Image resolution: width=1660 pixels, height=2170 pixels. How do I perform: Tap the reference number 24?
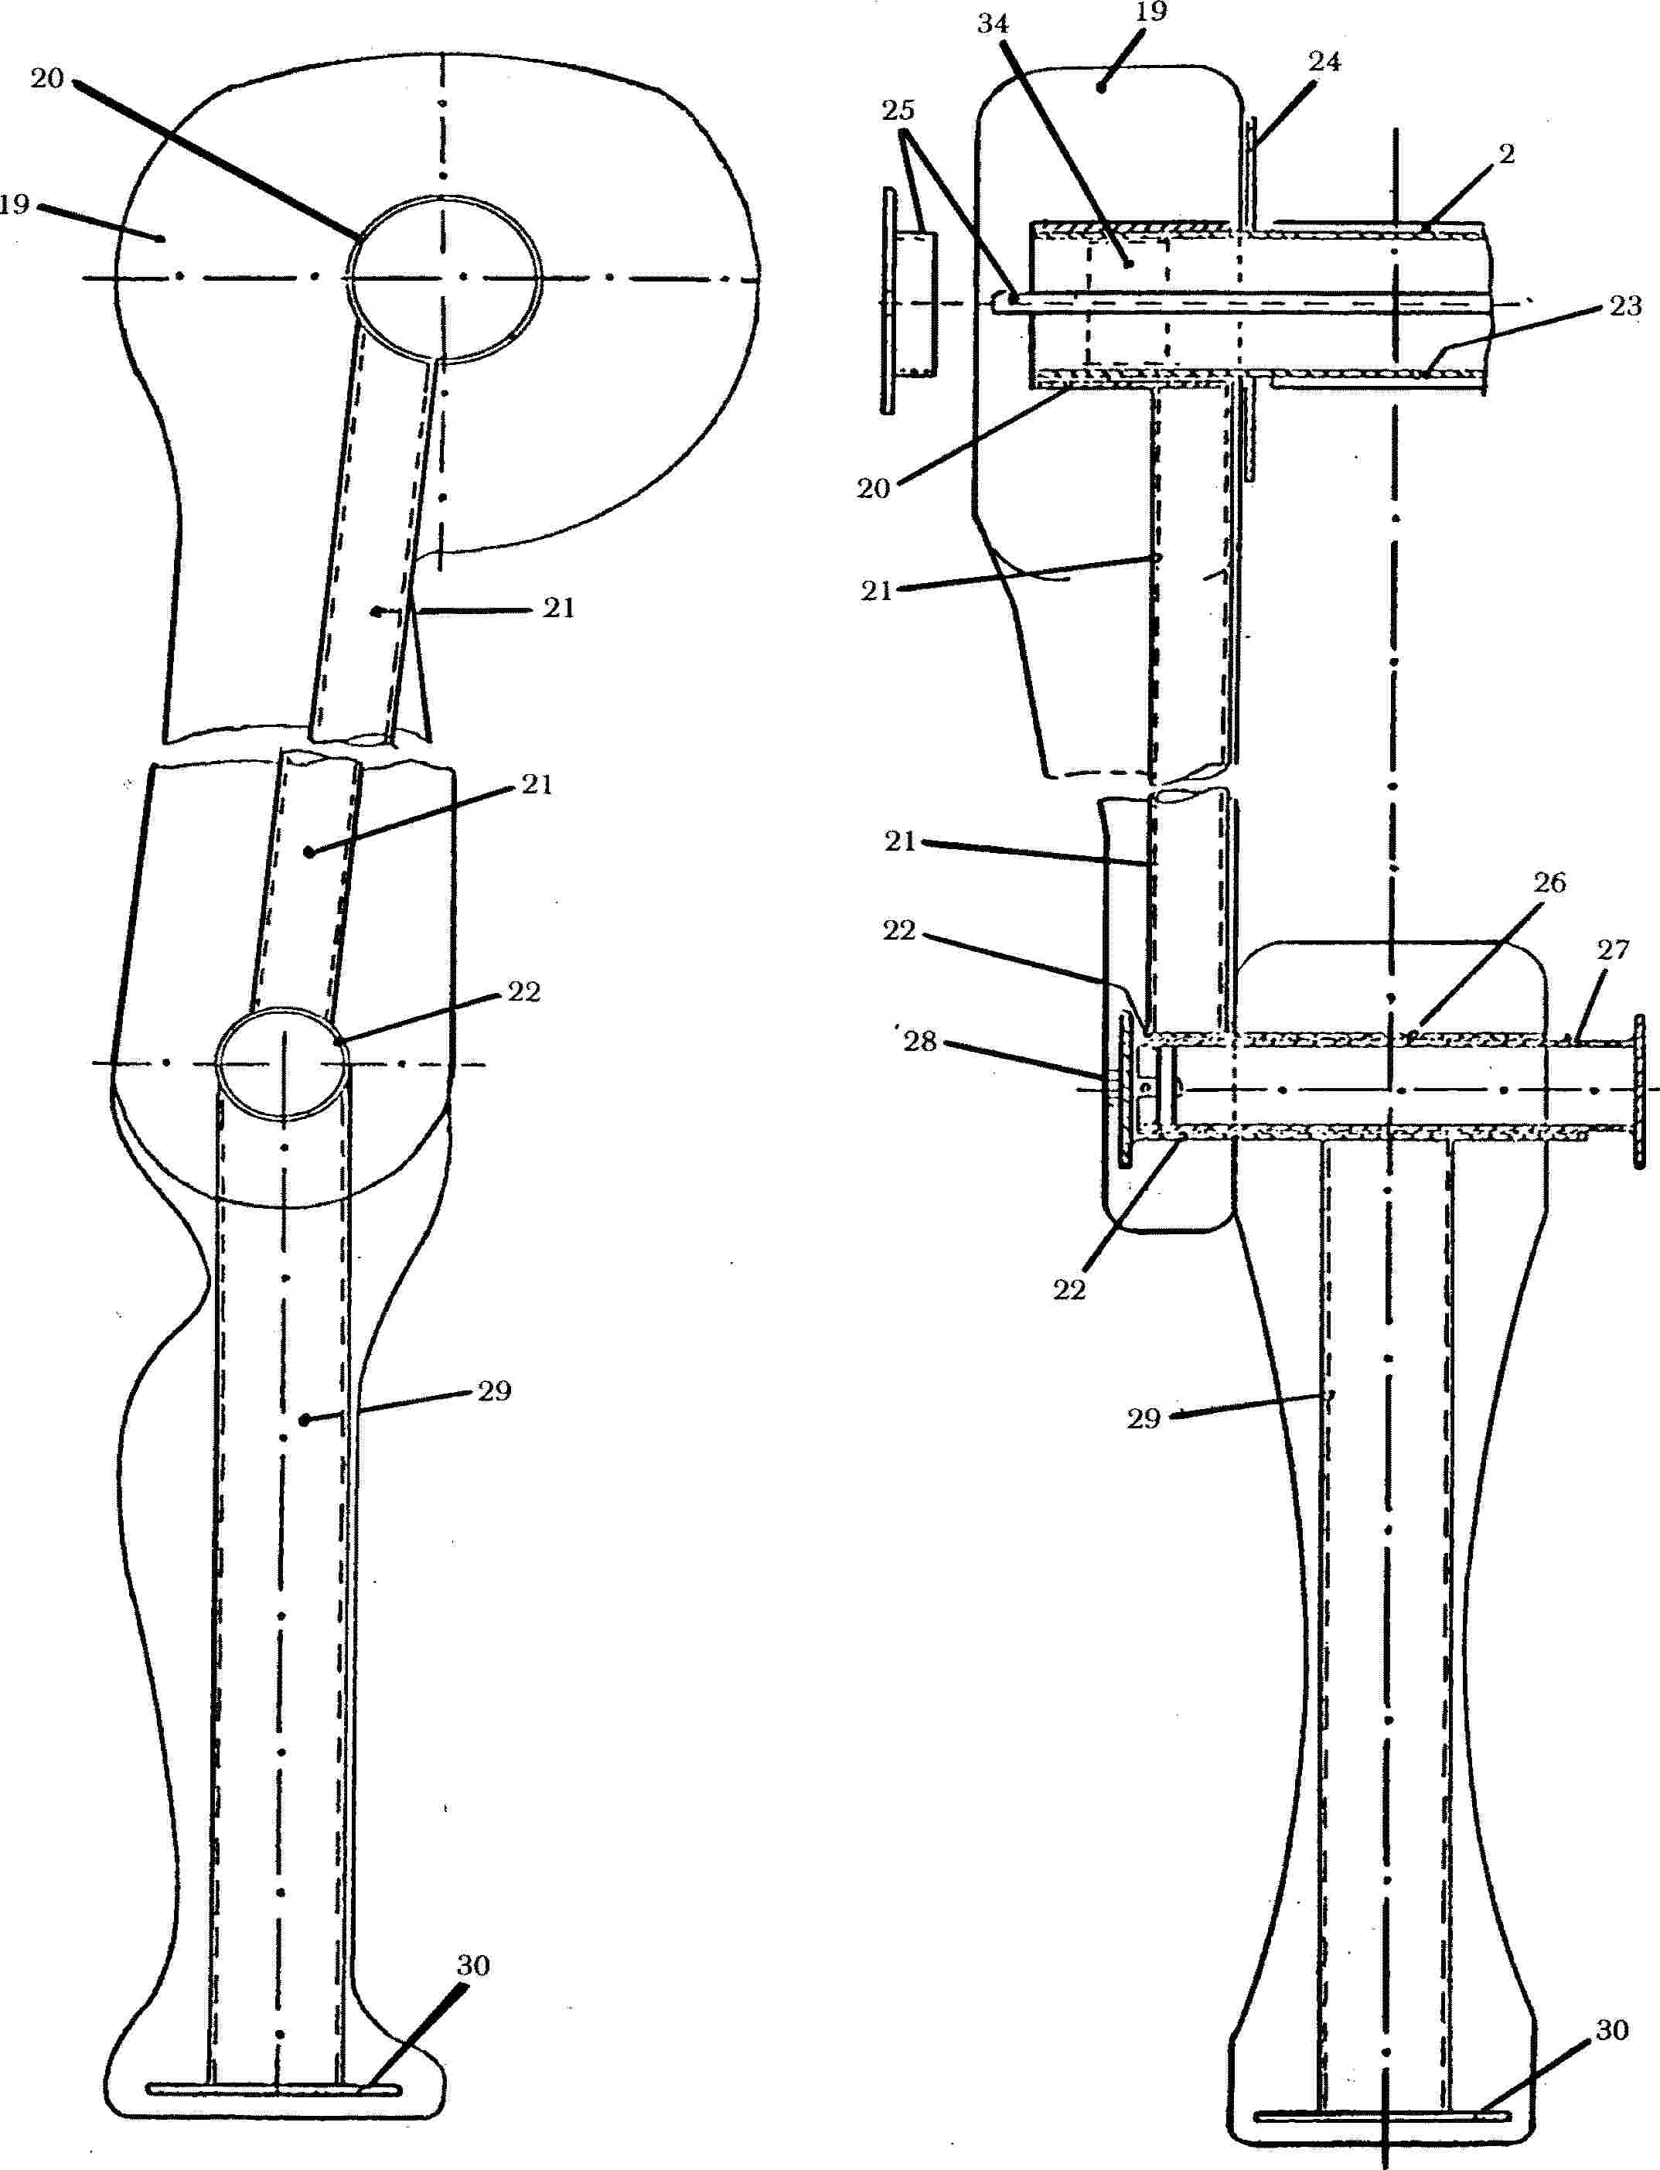[x=1324, y=62]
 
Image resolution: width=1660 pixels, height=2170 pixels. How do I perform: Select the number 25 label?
[x=898, y=111]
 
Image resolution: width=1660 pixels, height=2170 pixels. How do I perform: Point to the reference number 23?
[x=1625, y=306]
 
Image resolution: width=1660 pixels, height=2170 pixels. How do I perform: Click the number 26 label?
[x=1549, y=882]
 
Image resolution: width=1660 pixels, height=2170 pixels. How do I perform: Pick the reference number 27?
[x=1613, y=950]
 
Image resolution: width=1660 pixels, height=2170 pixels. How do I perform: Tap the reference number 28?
[x=920, y=1042]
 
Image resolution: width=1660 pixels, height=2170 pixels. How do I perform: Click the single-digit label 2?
[x=1507, y=154]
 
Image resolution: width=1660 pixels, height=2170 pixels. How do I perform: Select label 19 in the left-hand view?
[x=15, y=204]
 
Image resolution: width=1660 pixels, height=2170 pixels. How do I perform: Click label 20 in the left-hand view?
[x=47, y=79]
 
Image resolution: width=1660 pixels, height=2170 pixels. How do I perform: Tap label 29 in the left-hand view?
[x=494, y=1391]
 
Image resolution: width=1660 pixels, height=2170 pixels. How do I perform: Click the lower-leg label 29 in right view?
[x=1144, y=1419]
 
